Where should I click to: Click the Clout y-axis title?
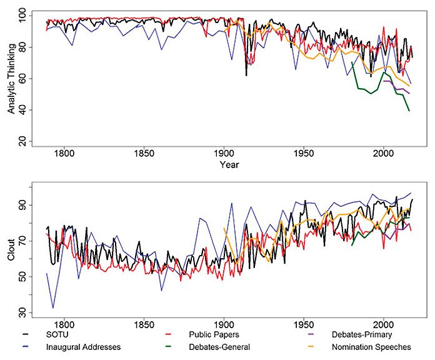(11, 251)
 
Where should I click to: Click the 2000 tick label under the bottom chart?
(383, 324)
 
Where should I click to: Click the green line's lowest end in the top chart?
(409, 111)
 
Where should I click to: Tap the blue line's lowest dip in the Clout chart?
(53, 307)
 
